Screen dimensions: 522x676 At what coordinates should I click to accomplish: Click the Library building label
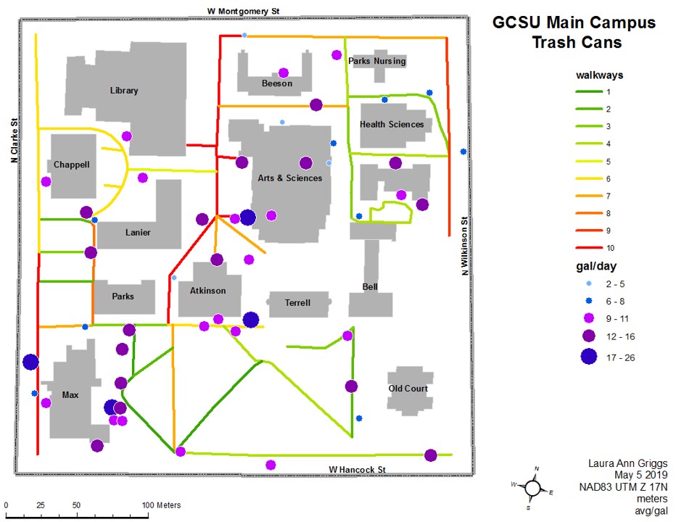(x=123, y=91)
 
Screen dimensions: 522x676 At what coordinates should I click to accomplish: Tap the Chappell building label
(x=71, y=165)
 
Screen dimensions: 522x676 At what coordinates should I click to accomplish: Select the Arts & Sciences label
(x=290, y=178)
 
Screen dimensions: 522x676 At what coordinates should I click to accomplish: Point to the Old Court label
(x=408, y=389)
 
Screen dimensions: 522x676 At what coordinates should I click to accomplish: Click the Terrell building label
(x=297, y=302)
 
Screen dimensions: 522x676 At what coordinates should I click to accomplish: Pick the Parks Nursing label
(x=376, y=61)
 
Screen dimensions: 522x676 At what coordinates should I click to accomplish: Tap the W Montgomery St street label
(x=242, y=10)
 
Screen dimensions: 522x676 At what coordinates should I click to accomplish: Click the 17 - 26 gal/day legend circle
(x=588, y=356)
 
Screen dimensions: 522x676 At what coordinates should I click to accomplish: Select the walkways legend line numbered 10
(x=588, y=248)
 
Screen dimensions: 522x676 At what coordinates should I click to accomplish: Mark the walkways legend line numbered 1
(x=588, y=91)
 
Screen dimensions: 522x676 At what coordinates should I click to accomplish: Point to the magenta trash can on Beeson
(x=284, y=72)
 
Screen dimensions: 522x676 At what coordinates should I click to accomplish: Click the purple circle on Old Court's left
(x=351, y=386)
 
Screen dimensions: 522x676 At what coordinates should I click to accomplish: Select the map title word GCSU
(x=516, y=22)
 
